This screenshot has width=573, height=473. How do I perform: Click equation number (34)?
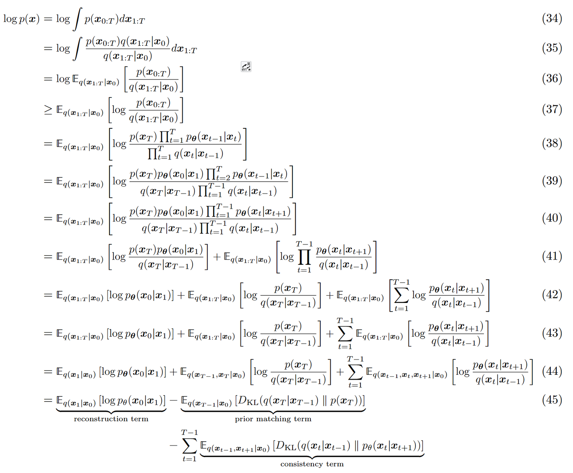coord(552,18)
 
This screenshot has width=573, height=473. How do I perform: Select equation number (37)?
coord(552,109)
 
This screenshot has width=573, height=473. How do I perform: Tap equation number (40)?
coord(552,218)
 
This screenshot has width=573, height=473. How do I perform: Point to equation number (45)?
coord(552,399)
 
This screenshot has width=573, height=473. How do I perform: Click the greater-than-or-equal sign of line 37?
coord(48,110)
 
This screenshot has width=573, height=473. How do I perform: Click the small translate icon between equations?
coord(246,67)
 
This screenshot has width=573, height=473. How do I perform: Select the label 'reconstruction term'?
coord(111,419)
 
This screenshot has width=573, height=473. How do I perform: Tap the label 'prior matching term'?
coord(273,419)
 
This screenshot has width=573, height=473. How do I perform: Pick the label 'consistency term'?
coord(312,464)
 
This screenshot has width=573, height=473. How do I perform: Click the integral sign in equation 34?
coord(76,20)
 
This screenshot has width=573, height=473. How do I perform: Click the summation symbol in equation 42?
coord(401,295)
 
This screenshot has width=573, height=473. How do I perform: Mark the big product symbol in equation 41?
coord(304,257)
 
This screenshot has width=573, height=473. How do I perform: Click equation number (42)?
coord(552,295)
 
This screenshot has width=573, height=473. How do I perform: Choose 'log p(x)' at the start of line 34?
coord(21,19)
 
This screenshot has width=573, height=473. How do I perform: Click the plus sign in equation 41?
coord(217,257)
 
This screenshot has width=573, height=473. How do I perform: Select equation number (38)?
coord(552,143)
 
